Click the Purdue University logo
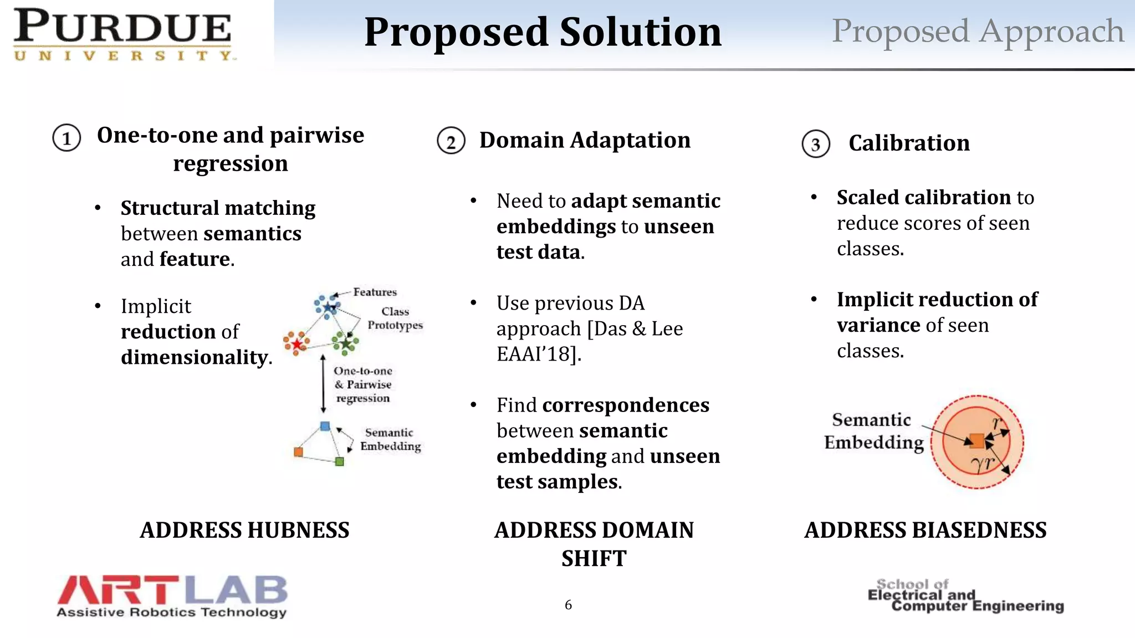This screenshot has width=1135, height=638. click(123, 34)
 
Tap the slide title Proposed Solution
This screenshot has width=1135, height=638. click(543, 32)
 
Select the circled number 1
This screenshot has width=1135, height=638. click(67, 138)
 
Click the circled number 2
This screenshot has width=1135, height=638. click(451, 141)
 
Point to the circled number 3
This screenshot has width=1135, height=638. click(815, 145)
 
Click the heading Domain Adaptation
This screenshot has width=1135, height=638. click(585, 140)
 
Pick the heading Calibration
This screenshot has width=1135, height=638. click(909, 143)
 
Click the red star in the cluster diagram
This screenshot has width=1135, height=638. click(297, 344)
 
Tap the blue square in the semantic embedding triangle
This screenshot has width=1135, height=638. click(325, 426)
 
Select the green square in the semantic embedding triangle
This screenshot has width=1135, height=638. click(340, 461)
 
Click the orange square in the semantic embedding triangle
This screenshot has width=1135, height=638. click(298, 452)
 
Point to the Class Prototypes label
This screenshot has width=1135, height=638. click(395, 318)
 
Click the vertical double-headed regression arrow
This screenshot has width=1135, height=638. click(323, 383)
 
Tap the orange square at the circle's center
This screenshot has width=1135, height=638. click(977, 441)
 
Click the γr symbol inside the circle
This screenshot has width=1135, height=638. click(983, 463)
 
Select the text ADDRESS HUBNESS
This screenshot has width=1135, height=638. click(244, 530)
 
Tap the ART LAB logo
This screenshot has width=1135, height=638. click(172, 596)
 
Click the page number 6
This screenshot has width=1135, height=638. click(568, 605)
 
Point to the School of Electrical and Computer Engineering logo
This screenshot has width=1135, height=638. click(965, 596)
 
